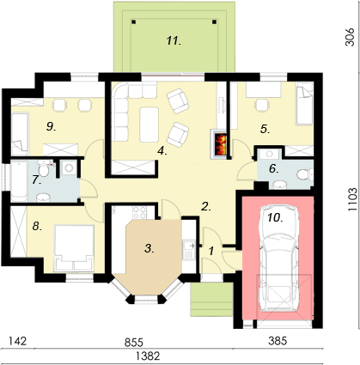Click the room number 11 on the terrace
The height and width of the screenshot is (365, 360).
[x=174, y=40]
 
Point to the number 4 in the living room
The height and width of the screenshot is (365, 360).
[x=161, y=150]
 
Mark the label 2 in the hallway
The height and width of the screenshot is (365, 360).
[x=205, y=206]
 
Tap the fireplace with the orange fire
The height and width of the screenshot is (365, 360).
[x=218, y=145]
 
